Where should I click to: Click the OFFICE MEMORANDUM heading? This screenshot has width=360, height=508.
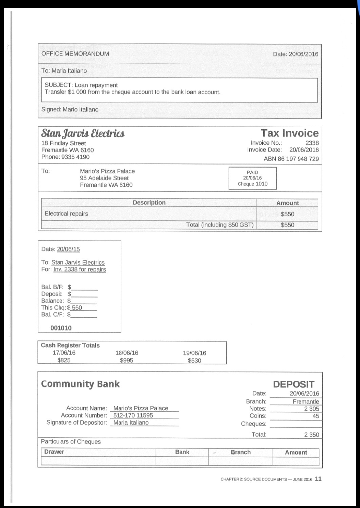coord(75,54)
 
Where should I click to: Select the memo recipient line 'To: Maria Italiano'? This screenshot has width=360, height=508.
coord(64,71)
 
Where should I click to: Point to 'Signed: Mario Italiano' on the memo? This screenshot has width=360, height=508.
coord(69,109)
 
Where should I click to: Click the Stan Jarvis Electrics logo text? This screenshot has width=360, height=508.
coord(83,133)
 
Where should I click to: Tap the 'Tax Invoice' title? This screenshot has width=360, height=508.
coord(290,133)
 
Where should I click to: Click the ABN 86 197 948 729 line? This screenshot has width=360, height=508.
coord(291,159)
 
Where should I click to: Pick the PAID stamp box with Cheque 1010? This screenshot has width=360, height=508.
coord(252,178)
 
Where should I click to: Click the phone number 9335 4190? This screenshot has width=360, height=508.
coord(65,157)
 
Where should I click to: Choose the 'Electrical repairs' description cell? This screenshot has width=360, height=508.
coord(66,214)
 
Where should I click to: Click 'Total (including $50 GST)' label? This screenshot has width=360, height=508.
coord(220,225)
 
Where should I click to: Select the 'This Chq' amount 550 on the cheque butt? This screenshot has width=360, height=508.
coord(77,308)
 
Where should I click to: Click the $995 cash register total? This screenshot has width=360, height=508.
coord(126,361)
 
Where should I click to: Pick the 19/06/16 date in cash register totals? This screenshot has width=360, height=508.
coord(194,353)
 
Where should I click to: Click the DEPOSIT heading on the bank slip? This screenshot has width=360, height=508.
coord(294,384)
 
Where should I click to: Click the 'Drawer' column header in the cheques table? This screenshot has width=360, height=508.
coord(55,452)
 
